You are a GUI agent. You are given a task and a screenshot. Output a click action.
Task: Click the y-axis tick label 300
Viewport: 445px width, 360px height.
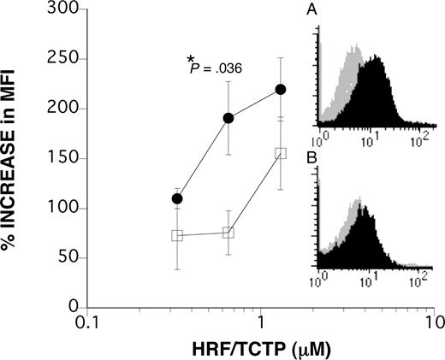point(66,9)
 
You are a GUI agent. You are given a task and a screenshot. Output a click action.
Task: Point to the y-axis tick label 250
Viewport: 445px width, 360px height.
point(66,59)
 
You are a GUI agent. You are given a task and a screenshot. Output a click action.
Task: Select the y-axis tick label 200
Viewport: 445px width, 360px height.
point(66,109)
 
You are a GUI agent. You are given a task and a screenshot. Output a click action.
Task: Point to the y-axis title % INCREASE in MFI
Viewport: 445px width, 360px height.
point(17,158)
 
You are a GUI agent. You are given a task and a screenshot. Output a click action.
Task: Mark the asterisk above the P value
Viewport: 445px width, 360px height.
point(191,59)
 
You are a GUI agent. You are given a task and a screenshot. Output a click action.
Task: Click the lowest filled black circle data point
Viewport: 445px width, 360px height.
point(177,198)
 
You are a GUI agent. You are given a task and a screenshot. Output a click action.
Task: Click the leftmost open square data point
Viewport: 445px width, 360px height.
point(177,235)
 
